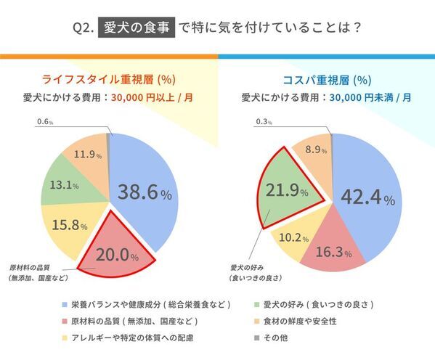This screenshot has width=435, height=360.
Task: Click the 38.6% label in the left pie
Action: pyautogui.click(x=144, y=193)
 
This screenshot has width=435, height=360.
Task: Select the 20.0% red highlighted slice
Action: pyautogui.click(x=117, y=250)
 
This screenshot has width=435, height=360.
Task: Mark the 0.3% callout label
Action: pyautogui.click(x=264, y=121)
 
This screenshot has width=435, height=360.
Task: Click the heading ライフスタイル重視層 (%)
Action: pyautogui.click(x=108, y=80)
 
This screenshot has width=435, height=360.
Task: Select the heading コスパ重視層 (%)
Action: pyautogui.click(x=326, y=80)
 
